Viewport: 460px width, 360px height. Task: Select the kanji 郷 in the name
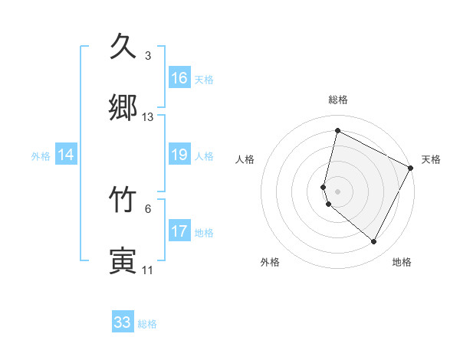tap(123, 107)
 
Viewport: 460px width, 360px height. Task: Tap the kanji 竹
tap(123, 199)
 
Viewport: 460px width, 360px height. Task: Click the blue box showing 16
tap(179, 78)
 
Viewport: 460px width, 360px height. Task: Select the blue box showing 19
tap(179, 155)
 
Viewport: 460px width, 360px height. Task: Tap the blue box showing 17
tap(179, 231)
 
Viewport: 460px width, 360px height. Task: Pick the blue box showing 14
tap(66, 155)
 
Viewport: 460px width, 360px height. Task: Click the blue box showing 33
tap(123, 322)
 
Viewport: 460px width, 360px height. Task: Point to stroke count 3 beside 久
tap(148, 56)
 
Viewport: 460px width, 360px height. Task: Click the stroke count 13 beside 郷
tap(148, 117)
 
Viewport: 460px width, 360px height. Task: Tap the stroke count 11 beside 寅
tap(147, 270)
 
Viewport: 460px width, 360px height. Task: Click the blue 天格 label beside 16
tap(204, 80)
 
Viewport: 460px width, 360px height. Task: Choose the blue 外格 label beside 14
tap(41, 156)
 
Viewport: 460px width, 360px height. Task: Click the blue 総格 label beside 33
tap(147, 324)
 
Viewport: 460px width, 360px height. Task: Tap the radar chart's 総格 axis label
tap(338, 100)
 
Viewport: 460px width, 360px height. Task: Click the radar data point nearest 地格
tap(374, 242)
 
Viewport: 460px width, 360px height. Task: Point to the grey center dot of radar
tap(337, 191)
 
